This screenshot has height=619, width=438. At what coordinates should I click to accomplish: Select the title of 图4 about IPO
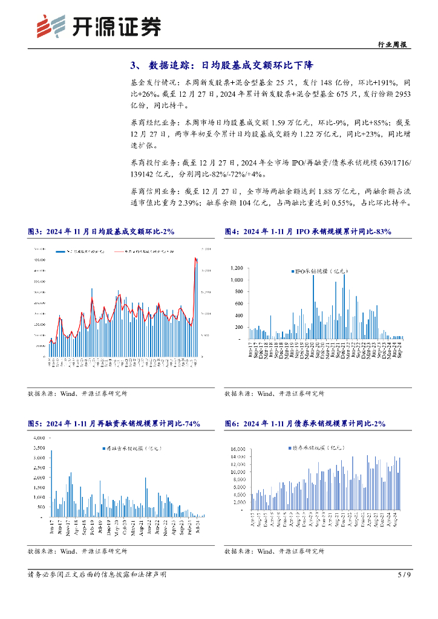(x=308, y=232)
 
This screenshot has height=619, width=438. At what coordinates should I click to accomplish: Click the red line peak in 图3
(x=195, y=258)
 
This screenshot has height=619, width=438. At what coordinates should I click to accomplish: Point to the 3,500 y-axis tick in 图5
(x=38, y=448)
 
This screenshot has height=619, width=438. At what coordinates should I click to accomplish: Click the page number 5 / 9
(x=405, y=574)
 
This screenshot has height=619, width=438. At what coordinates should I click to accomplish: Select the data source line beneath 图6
(x=274, y=551)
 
